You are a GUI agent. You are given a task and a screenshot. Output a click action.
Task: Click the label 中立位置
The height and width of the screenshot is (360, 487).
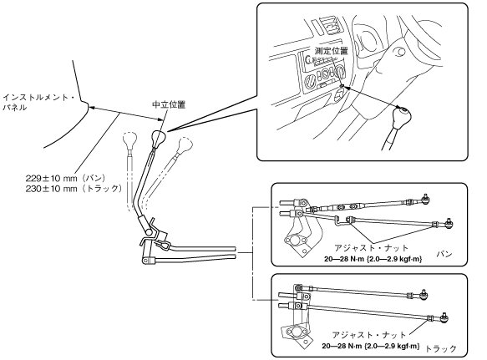[169, 104]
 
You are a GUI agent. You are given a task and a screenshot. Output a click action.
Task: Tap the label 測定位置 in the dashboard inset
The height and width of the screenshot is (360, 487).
[331, 51]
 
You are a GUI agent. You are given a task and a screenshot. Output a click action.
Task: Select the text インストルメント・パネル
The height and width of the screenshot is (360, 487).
[38, 103]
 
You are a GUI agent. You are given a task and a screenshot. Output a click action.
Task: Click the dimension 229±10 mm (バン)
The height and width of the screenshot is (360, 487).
[65, 178]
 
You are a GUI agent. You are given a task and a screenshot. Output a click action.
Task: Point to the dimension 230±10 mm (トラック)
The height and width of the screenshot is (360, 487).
[74, 189]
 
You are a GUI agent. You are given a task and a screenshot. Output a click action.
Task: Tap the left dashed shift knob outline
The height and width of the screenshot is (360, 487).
[129, 140]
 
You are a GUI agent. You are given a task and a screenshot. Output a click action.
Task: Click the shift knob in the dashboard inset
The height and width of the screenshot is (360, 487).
[401, 117]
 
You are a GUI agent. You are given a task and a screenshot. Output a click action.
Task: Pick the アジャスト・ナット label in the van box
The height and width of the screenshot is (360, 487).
[371, 248]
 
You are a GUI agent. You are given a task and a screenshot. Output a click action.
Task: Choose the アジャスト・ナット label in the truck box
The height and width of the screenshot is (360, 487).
[369, 335]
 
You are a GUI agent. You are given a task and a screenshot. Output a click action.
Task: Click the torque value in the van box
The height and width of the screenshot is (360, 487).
[373, 259]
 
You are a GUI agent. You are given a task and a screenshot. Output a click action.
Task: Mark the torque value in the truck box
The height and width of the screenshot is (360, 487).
[371, 346]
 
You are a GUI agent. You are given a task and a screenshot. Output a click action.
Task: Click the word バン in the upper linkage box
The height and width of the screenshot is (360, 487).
[444, 254]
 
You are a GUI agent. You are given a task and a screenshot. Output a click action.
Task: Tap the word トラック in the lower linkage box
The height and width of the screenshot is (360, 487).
[440, 349]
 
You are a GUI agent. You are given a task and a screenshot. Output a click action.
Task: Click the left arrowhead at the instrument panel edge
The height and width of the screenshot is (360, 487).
[91, 108]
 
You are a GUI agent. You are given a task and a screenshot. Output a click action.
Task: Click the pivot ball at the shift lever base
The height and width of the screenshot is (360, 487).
[149, 231]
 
